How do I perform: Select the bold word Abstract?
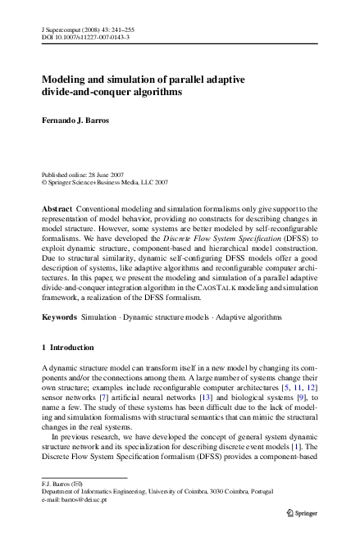pyautogui.click(x=57, y=211)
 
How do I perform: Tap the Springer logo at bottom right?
pyautogui.click(x=300, y=512)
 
